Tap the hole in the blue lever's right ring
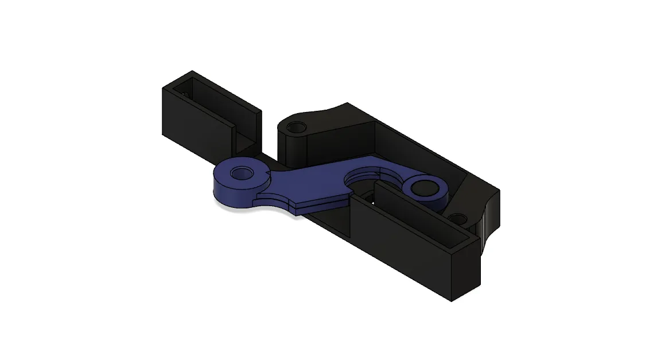424,187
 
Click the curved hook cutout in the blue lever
367,177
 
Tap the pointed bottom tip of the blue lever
295,214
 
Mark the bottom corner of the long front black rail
451,300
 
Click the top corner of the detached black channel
192,71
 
